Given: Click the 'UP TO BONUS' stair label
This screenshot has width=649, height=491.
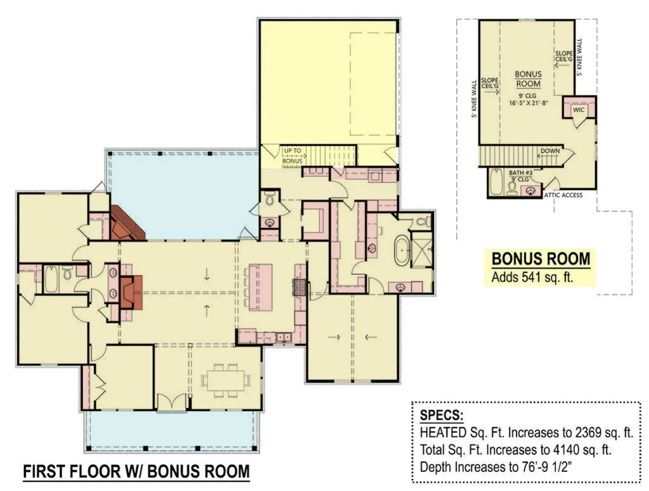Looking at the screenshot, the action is pyautogui.click(x=292, y=155).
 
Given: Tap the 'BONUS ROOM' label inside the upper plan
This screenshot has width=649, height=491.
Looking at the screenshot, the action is pyautogui.click(x=528, y=79).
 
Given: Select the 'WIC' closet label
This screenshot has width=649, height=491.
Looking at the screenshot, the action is pyautogui.click(x=578, y=110).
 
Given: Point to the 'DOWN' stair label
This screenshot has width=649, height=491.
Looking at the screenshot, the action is pyautogui.click(x=550, y=151).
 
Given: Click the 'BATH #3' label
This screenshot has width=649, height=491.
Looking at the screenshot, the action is pyautogui.click(x=521, y=172).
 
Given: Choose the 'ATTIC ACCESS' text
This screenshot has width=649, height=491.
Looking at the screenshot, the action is pyautogui.click(x=563, y=195).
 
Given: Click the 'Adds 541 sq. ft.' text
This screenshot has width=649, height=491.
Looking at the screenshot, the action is pyautogui.click(x=532, y=277).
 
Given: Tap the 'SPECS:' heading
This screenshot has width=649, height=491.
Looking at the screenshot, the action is pyautogui.click(x=441, y=415).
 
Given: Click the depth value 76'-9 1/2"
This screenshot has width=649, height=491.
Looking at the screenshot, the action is pyautogui.click(x=543, y=467).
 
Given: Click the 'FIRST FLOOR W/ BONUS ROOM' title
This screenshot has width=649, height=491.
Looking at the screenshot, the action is pyautogui.click(x=136, y=471).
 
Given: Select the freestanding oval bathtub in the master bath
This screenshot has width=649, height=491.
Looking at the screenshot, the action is pyautogui.click(x=401, y=250).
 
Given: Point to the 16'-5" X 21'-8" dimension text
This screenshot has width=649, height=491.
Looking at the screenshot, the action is pyautogui.click(x=528, y=103).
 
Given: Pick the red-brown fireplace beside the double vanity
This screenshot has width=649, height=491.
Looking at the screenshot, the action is pyautogui.click(x=131, y=291).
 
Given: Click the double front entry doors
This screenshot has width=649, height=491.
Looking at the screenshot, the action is pyautogui.click(x=172, y=402).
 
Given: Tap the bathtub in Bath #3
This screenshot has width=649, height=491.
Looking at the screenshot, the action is pyautogui.click(x=496, y=182).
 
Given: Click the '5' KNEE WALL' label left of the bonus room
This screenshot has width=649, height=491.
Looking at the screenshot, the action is pyautogui.click(x=474, y=99).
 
